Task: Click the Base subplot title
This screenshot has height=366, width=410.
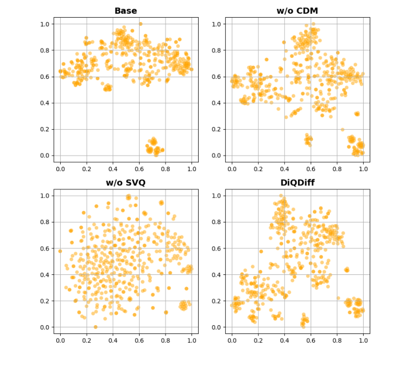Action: (x=125, y=11)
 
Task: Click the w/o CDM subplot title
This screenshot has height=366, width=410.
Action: (x=297, y=11)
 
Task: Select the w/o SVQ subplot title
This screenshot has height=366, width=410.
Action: (x=125, y=183)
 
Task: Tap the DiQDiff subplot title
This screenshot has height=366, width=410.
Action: (x=297, y=183)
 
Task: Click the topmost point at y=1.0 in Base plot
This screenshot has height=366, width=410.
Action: (x=140, y=24)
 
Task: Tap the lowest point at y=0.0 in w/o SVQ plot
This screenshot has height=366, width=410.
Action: (x=95, y=327)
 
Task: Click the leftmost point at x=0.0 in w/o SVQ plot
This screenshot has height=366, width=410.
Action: (x=60, y=251)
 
